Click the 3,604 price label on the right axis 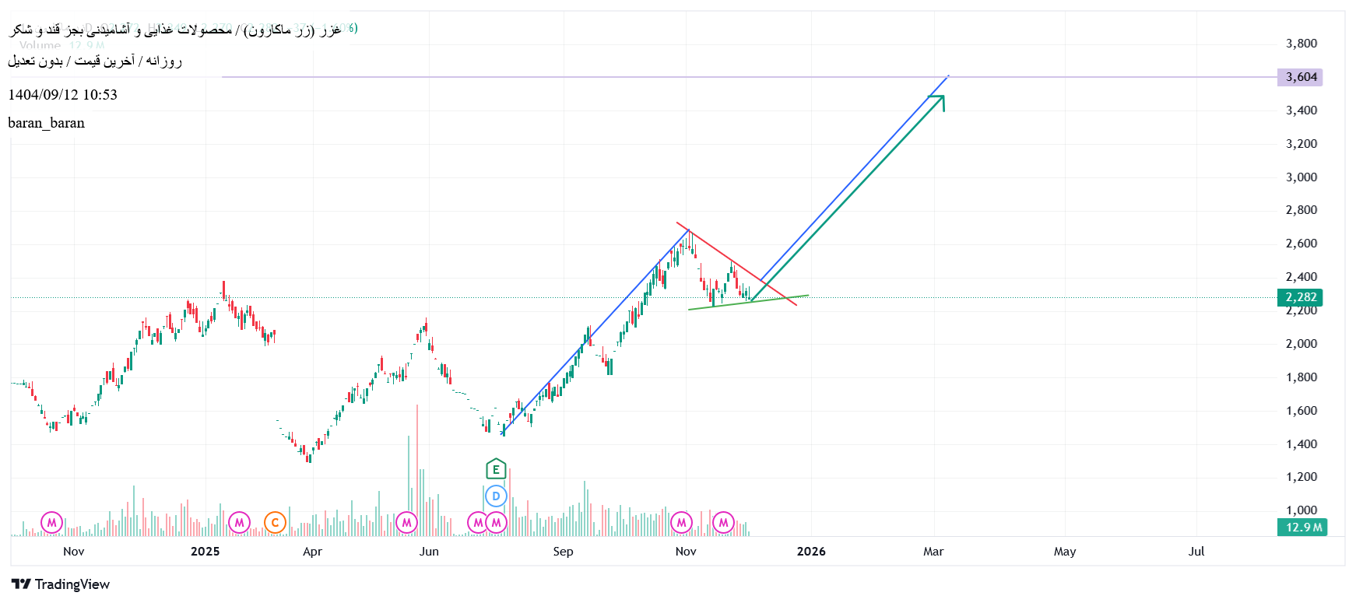point(1300,77)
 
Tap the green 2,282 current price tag point(1300,297)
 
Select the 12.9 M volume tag point(1303,528)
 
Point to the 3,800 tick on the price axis point(1301,44)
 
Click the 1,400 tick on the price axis point(1301,444)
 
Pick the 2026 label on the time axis point(811,552)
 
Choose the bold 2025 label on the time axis point(206,552)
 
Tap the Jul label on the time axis point(1196,552)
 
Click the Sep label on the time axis point(563,552)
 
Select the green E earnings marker point(496,469)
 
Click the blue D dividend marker point(496,496)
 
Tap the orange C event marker point(275,523)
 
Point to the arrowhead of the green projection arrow point(941,98)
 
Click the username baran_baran point(47,123)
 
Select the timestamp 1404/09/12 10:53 point(63,95)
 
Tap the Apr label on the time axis point(312,552)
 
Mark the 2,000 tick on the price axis point(1301,344)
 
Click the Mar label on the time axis point(933,552)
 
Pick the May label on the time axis point(1065,552)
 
